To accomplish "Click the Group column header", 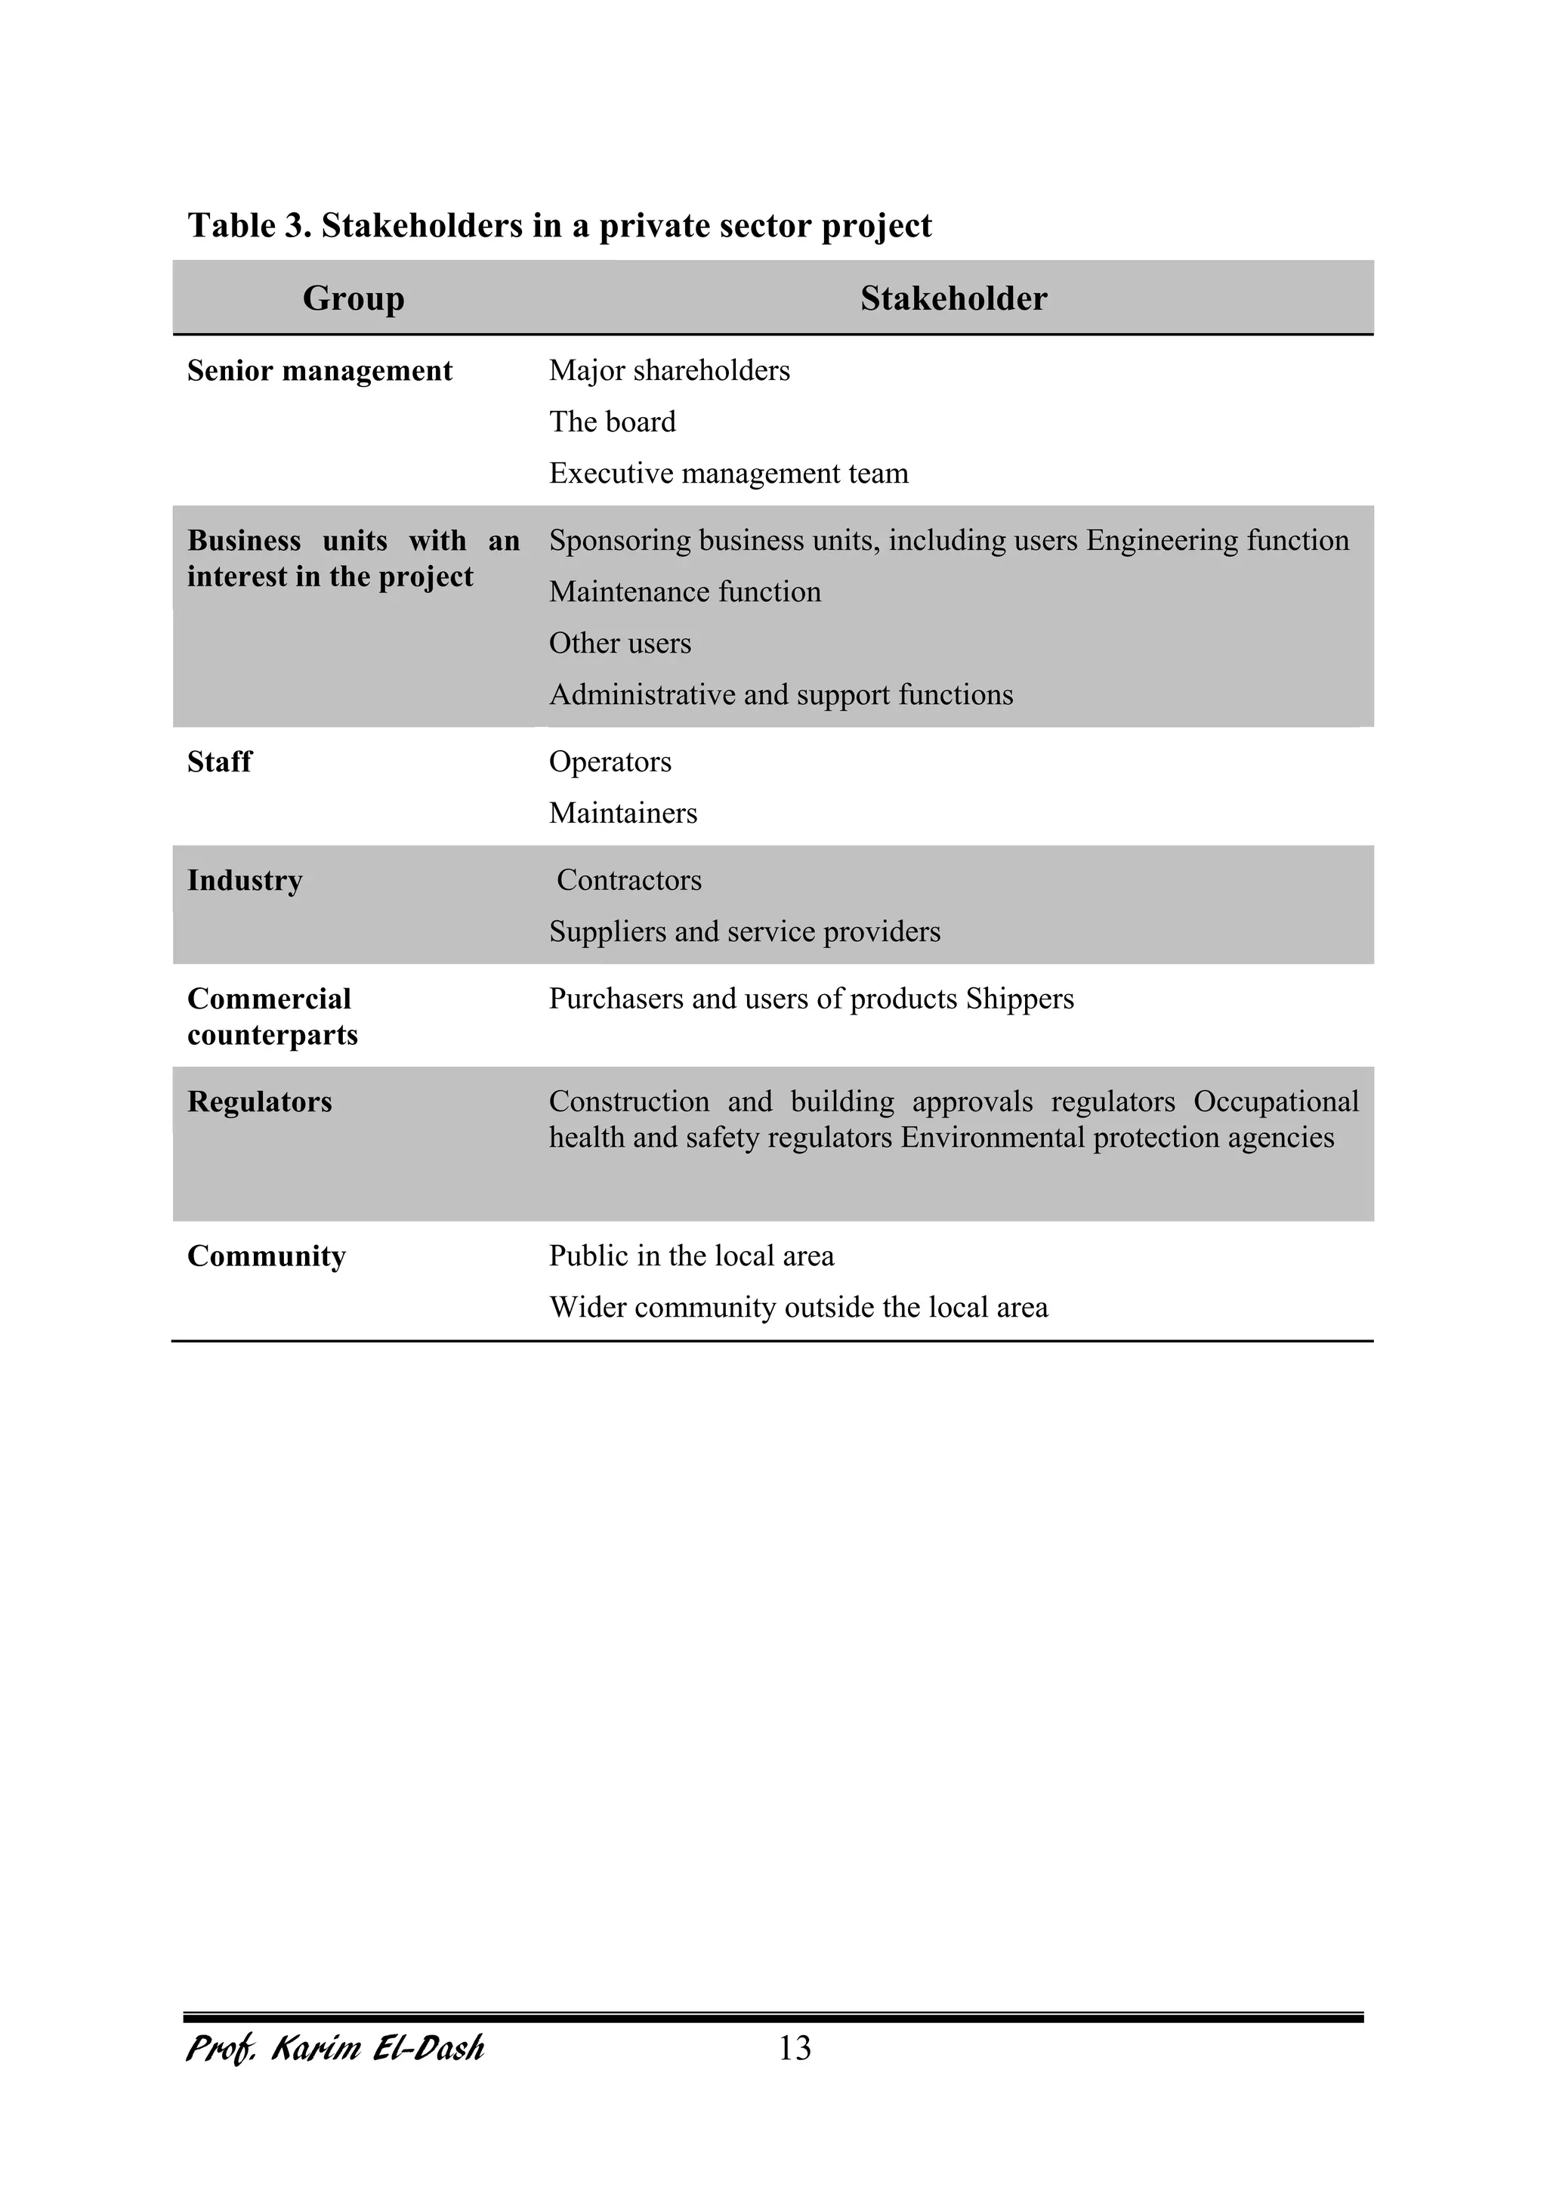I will (354, 298).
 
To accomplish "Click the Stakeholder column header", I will (953, 298).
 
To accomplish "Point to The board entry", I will (612, 422).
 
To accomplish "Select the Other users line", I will (619, 643).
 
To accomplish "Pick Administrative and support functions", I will (780, 694).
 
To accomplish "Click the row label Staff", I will (219, 762).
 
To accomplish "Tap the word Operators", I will (610, 762).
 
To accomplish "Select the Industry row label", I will (245, 880).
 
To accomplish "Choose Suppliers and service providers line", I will (744, 931).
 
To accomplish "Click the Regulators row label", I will (259, 1102).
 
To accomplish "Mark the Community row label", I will (266, 1256).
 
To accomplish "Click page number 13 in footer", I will (795, 2049).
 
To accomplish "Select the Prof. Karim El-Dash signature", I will (335, 2049).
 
